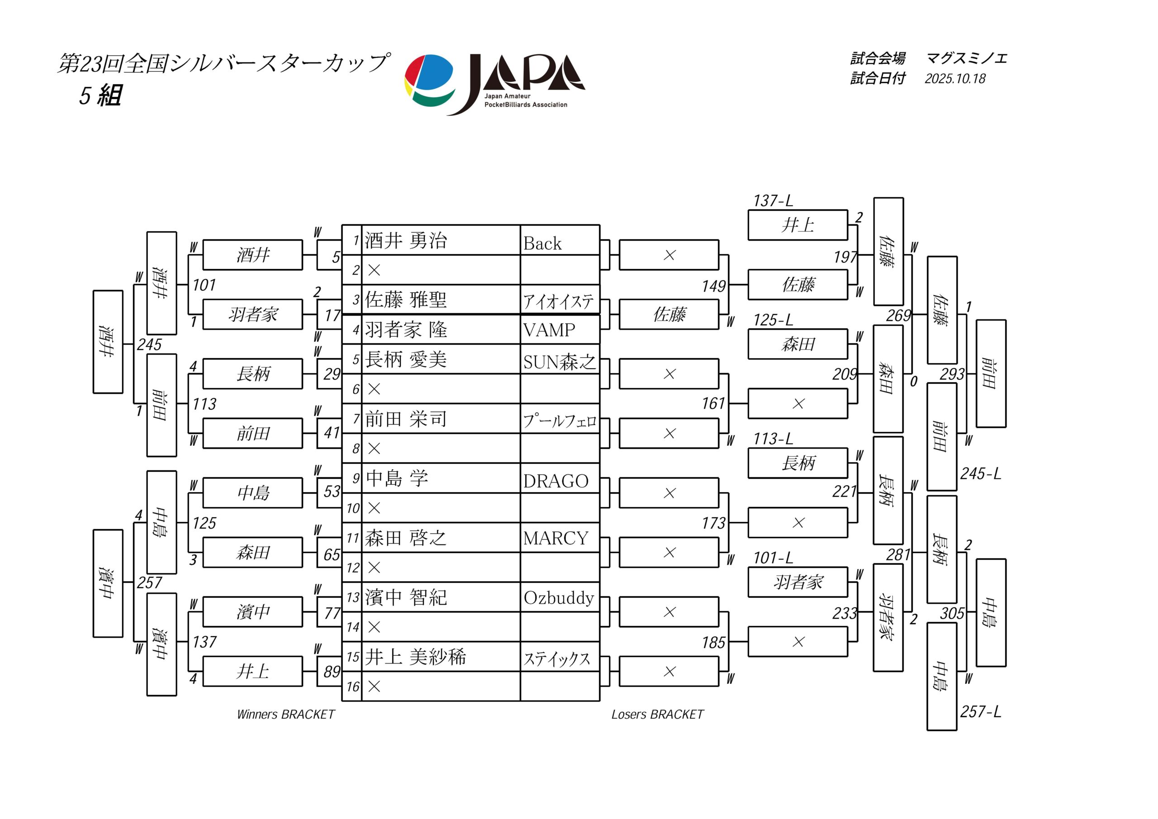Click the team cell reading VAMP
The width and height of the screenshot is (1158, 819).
[549, 330]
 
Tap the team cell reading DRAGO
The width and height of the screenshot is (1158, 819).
[555, 481]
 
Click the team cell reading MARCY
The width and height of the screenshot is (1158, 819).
[555, 539]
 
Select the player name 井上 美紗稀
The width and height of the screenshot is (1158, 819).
[415, 657]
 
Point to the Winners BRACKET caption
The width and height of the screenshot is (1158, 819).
[285, 714]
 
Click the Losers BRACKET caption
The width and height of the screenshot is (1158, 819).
[657, 714]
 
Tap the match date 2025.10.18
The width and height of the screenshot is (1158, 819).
[955, 79]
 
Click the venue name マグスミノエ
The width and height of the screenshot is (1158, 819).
[966, 58]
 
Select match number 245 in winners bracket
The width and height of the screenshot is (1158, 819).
[149, 345]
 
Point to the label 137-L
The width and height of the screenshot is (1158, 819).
[773, 201]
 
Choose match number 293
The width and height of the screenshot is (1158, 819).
[952, 374]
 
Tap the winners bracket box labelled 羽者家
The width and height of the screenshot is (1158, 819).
[253, 315]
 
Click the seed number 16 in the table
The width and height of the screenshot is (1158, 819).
[352, 687]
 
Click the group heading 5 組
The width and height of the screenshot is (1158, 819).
[100, 95]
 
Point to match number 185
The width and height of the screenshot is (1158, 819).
[713, 643]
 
